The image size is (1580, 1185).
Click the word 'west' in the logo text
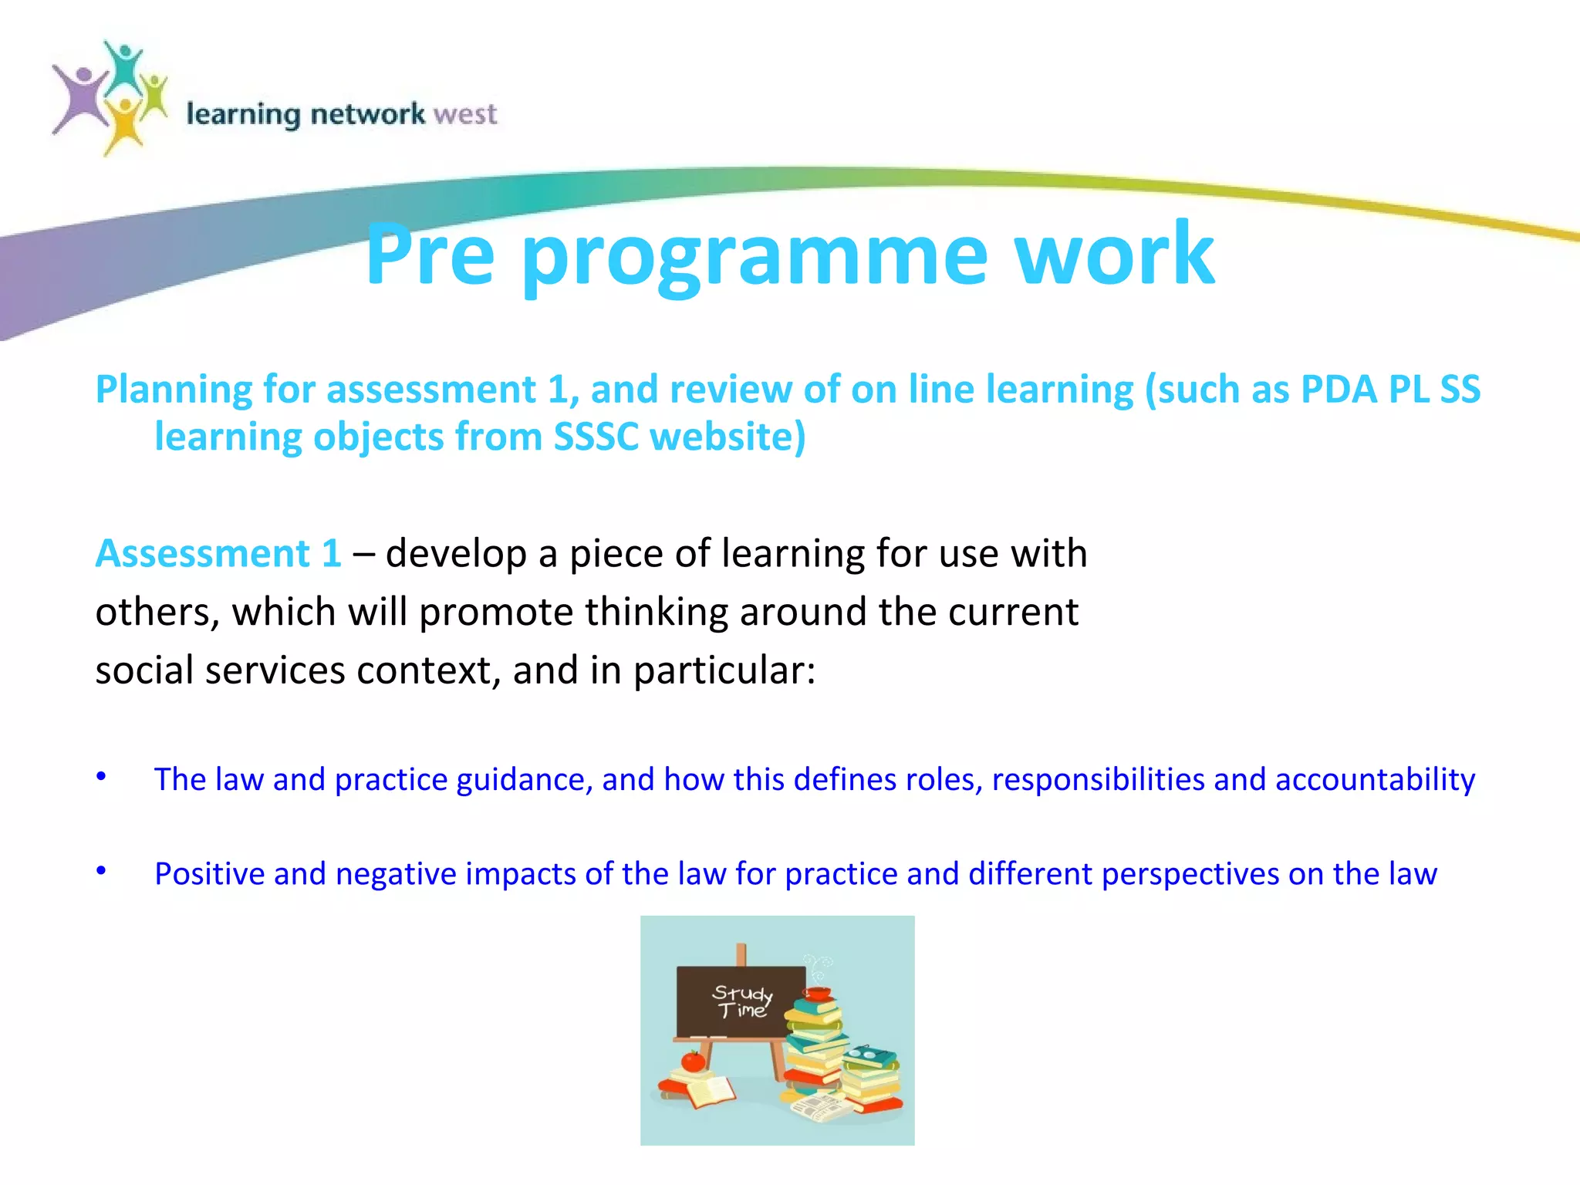tap(464, 114)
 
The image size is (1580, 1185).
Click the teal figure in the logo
tap(123, 66)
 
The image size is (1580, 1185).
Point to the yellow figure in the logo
tap(123, 123)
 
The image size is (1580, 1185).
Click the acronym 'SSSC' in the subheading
tap(596, 437)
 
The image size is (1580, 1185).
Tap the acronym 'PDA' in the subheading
tap(1339, 389)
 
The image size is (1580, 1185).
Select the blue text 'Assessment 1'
tap(218, 553)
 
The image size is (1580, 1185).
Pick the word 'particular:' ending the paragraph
tap(724, 670)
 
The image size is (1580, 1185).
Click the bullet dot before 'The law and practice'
tap(101, 775)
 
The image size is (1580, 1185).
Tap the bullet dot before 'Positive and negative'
tap(101, 870)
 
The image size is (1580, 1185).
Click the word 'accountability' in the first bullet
tap(1375, 779)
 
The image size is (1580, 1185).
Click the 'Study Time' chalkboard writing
tap(741, 1001)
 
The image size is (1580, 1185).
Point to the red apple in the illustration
tap(693, 1062)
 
